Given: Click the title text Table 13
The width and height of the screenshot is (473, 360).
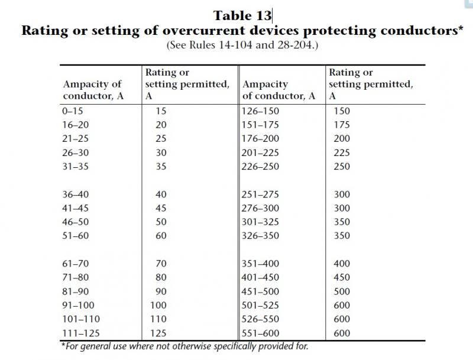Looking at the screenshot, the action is pyautogui.click(x=242, y=16).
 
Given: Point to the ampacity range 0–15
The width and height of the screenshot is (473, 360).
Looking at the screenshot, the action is pyautogui.click(x=72, y=111).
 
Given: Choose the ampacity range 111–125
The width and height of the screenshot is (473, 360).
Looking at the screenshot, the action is pyautogui.click(x=81, y=333).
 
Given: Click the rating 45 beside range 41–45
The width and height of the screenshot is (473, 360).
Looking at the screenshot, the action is pyautogui.click(x=161, y=208).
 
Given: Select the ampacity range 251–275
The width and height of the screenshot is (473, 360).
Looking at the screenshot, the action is pyautogui.click(x=260, y=194).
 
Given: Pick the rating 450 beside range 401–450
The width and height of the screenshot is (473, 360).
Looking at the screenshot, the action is pyautogui.click(x=342, y=277).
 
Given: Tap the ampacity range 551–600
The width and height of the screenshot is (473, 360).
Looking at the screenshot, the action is pyautogui.click(x=260, y=333).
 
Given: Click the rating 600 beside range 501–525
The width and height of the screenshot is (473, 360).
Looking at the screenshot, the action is pyautogui.click(x=342, y=305).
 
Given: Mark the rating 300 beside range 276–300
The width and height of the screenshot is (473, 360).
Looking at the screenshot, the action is pyautogui.click(x=342, y=208).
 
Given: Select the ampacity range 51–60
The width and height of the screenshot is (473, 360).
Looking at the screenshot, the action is pyautogui.click(x=76, y=235).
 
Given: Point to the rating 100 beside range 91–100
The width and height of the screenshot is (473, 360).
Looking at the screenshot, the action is pyautogui.click(x=158, y=305).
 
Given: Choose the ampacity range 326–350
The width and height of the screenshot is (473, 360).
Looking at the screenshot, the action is pyautogui.click(x=260, y=235).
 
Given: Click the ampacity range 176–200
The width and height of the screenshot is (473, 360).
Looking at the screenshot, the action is pyautogui.click(x=260, y=138).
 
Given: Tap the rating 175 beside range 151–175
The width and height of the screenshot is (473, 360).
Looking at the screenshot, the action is pyautogui.click(x=342, y=125).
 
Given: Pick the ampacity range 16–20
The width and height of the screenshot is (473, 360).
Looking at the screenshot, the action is pyautogui.click(x=76, y=125).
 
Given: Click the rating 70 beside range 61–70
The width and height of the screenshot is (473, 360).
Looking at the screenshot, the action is pyautogui.click(x=161, y=264).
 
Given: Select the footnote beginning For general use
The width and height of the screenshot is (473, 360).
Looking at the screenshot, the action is pyautogui.click(x=184, y=346).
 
